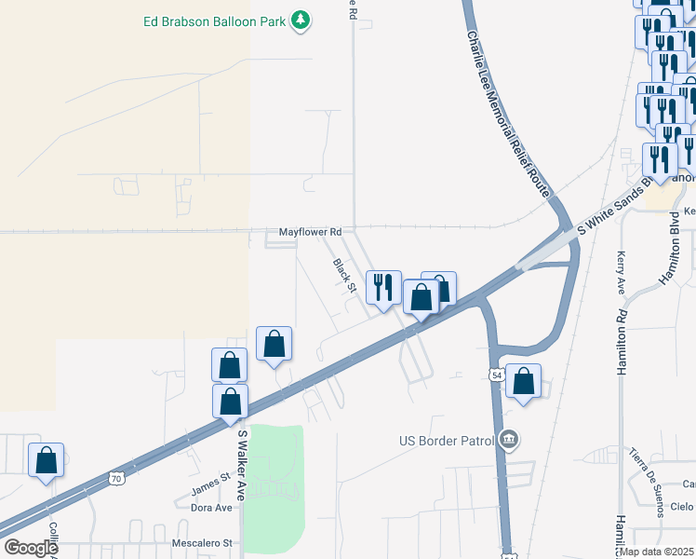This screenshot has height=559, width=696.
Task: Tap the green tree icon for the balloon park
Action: (300, 20)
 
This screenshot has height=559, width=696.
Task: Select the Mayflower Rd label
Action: (311, 231)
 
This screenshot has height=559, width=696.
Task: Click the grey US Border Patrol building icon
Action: (509, 439)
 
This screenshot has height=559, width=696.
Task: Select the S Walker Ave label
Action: (241, 465)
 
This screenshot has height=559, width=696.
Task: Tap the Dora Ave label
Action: (210, 508)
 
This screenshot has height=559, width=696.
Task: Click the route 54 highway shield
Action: (496, 374)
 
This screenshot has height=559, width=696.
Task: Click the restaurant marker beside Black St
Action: (382, 287)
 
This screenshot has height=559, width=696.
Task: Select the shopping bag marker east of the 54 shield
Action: (524, 380)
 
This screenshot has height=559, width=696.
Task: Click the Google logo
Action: (31, 548)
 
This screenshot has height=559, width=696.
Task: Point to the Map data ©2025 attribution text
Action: (657, 552)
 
